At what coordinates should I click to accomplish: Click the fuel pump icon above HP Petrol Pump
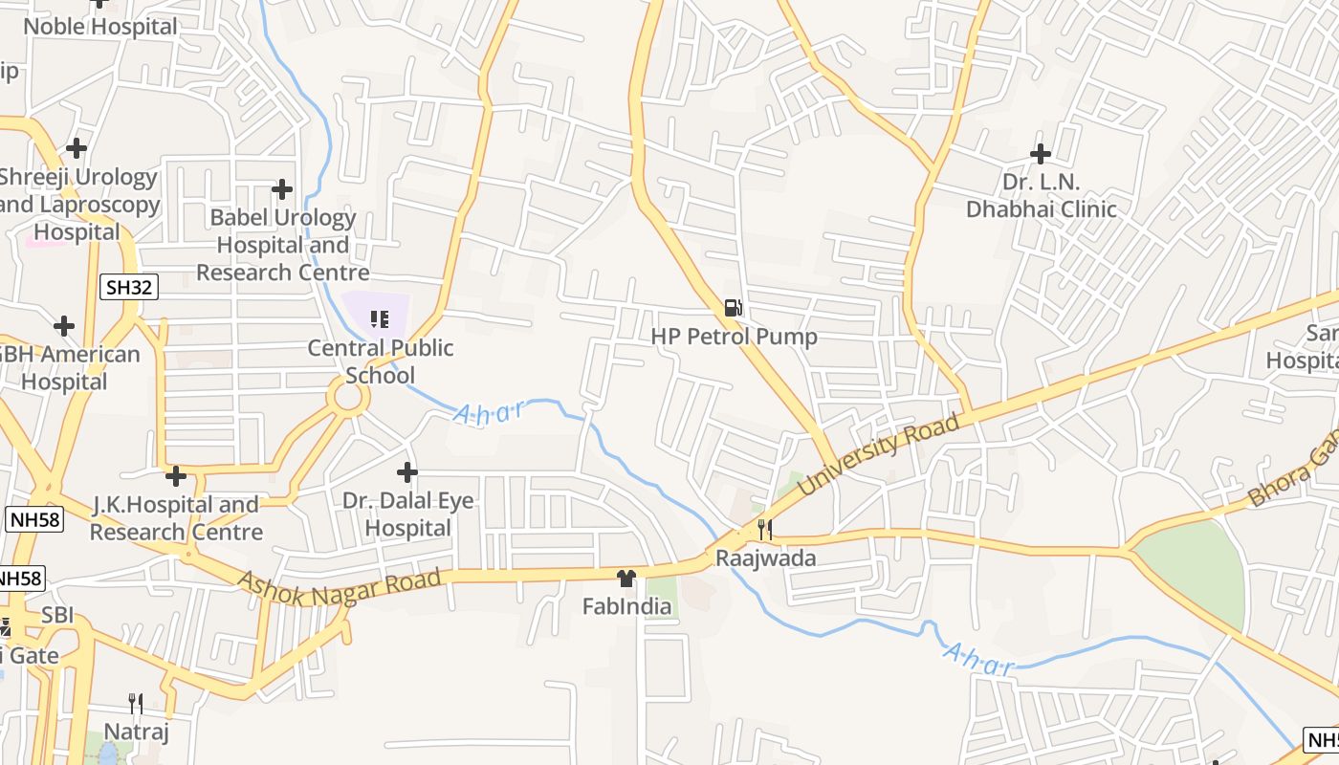pos(733,308)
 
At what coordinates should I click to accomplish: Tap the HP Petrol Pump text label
pos(734,337)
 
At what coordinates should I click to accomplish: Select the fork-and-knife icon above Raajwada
pos(764,529)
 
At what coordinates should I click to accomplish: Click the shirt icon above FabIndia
pos(626,578)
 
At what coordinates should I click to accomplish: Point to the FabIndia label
pos(626,606)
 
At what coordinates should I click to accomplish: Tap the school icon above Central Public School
pos(380,318)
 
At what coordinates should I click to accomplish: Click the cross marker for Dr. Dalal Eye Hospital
pos(407,472)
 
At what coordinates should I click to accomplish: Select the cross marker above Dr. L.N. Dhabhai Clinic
pos(1041,153)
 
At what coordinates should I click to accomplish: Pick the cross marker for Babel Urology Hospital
pos(281,189)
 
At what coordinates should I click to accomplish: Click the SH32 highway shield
pos(127,286)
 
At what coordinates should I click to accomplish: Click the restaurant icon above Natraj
pos(136,705)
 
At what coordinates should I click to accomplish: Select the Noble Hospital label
pos(100,26)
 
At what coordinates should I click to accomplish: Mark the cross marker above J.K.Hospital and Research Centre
pos(175,475)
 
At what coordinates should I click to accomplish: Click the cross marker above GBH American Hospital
pos(64,326)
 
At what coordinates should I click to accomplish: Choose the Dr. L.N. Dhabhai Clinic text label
pos(1041,195)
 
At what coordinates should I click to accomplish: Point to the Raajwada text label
pos(765,557)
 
